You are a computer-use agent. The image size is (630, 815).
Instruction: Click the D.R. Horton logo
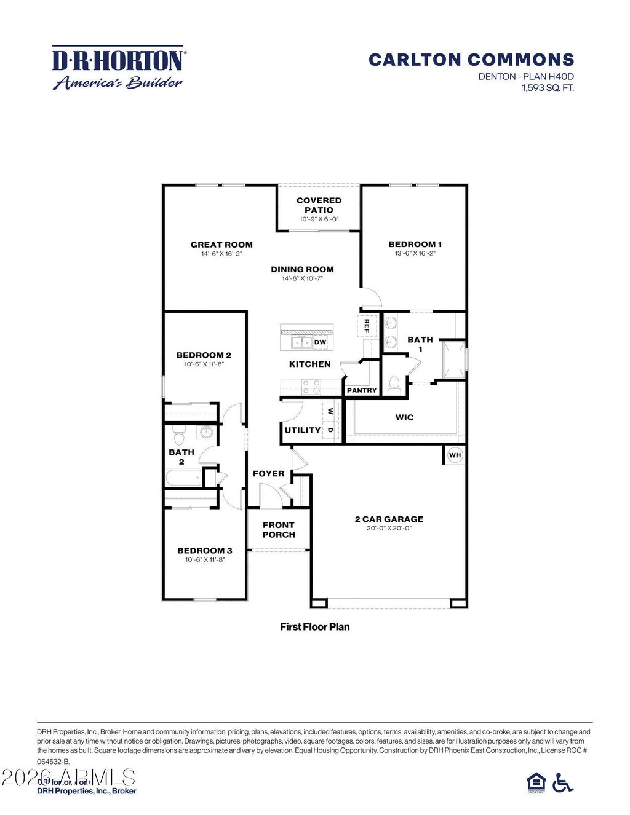118,68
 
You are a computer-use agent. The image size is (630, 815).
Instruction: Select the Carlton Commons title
471,60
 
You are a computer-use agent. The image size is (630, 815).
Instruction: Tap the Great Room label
221,245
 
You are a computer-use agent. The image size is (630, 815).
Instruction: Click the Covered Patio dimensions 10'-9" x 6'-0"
319,219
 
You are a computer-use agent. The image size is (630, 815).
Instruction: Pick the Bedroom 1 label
415,245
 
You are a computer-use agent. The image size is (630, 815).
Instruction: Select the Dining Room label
302,269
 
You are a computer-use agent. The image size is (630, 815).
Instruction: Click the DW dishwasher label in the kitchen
320,342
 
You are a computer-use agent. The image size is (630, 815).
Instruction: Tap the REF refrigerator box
367,325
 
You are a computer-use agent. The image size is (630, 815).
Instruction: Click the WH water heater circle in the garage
455,455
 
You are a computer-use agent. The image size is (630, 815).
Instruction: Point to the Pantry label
362,390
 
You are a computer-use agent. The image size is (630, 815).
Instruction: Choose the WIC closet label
404,418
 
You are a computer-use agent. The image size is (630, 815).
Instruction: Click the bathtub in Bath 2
183,478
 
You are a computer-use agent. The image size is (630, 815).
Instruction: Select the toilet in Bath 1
394,385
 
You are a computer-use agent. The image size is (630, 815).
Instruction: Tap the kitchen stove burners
311,387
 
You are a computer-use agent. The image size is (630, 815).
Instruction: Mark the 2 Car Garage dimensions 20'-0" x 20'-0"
389,528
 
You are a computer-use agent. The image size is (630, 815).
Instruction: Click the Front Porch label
279,530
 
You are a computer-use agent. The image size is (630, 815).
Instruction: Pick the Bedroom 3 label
205,551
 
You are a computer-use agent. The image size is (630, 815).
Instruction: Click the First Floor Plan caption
315,627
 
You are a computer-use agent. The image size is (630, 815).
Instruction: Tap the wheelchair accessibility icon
562,782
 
